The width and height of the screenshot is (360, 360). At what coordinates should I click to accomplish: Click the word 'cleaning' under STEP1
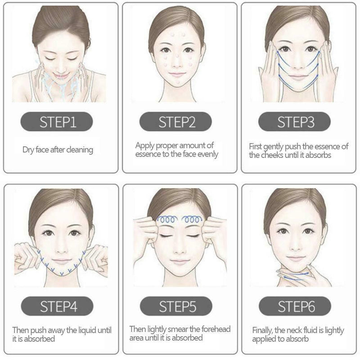tap(78, 149)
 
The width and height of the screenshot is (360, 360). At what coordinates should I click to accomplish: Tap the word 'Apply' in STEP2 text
tap(145, 145)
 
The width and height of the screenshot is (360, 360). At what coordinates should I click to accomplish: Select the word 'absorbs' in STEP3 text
tap(319, 156)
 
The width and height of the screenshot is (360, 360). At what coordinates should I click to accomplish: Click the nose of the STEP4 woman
tap(61, 248)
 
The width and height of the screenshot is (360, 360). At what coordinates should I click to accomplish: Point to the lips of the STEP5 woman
tap(179, 261)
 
